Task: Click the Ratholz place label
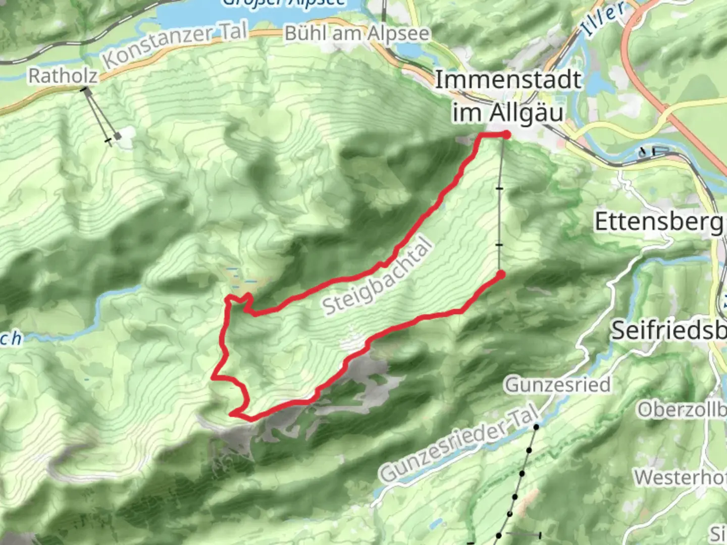click(63, 76)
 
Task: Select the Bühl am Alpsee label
click(357, 34)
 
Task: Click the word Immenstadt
click(507, 80)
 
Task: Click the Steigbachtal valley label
click(378, 277)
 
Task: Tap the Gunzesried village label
click(558, 385)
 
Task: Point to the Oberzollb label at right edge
click(682, 410)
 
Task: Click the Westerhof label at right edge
click(681, 477)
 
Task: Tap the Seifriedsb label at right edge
click(669, 331)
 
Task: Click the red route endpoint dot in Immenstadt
click(505, 134)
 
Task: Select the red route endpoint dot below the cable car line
click(500, 275)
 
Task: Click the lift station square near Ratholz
click(118, 135)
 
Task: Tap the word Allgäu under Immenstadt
click(526, 113)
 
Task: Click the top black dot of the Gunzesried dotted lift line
click(537, 427)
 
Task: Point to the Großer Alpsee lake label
click(284, 3)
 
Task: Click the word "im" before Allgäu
click(467, 113)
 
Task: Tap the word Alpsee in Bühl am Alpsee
click(398, 34)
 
